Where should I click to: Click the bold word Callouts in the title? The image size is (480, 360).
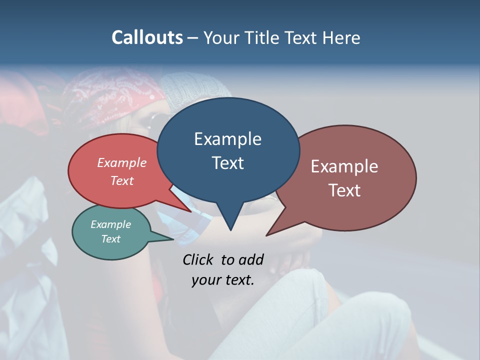(x=147, y=37)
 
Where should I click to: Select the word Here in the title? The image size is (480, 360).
(x=340, y=37)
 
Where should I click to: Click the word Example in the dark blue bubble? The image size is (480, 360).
(x=227, y=139)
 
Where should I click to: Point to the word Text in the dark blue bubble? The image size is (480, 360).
(x=227, y=163)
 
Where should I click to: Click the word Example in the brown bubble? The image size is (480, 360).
(x=344, y=166)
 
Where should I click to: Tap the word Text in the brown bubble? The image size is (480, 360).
(x=344, y=190)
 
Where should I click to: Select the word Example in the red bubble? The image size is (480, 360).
(x=122, y=162)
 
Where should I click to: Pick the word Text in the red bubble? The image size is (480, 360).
(x=122, y=180)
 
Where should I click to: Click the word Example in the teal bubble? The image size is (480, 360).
(x=110, y=224)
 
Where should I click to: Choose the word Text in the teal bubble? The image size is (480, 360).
(x=110, y=239)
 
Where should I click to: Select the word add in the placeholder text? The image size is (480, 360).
(x=250, y=259)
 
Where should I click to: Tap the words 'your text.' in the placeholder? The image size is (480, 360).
(x=222, y=280)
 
